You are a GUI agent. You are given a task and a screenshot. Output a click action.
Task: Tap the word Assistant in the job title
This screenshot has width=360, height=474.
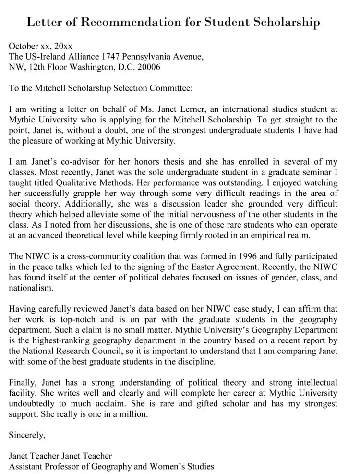[x=27, y=466]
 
